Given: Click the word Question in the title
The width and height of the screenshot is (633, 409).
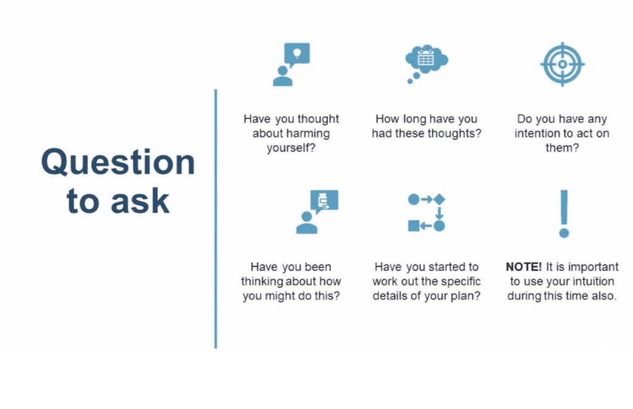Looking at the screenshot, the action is pos(118,162).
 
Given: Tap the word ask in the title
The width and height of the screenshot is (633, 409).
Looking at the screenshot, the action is pos(140,201).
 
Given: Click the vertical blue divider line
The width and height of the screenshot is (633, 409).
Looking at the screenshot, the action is pos(216,219).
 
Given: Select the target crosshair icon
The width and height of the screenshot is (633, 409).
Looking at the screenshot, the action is pos(563,64).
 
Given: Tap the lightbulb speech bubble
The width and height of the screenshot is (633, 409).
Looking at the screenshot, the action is pos(297,54).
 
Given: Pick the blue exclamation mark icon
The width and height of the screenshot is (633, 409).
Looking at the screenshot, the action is pos(564,214).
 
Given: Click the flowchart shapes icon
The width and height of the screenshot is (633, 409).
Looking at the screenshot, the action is pos(427,213).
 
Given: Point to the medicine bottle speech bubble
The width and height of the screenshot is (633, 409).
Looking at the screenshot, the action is pos(324,201).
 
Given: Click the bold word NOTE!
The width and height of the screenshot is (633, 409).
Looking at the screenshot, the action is pos(524,267).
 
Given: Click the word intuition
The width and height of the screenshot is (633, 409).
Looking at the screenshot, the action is pos(591,281).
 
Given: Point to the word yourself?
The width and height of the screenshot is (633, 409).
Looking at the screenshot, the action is pos(291,148).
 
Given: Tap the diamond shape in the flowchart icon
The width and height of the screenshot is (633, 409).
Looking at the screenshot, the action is pos(440,200).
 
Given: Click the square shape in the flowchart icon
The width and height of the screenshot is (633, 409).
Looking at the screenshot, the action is pos(414,226).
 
